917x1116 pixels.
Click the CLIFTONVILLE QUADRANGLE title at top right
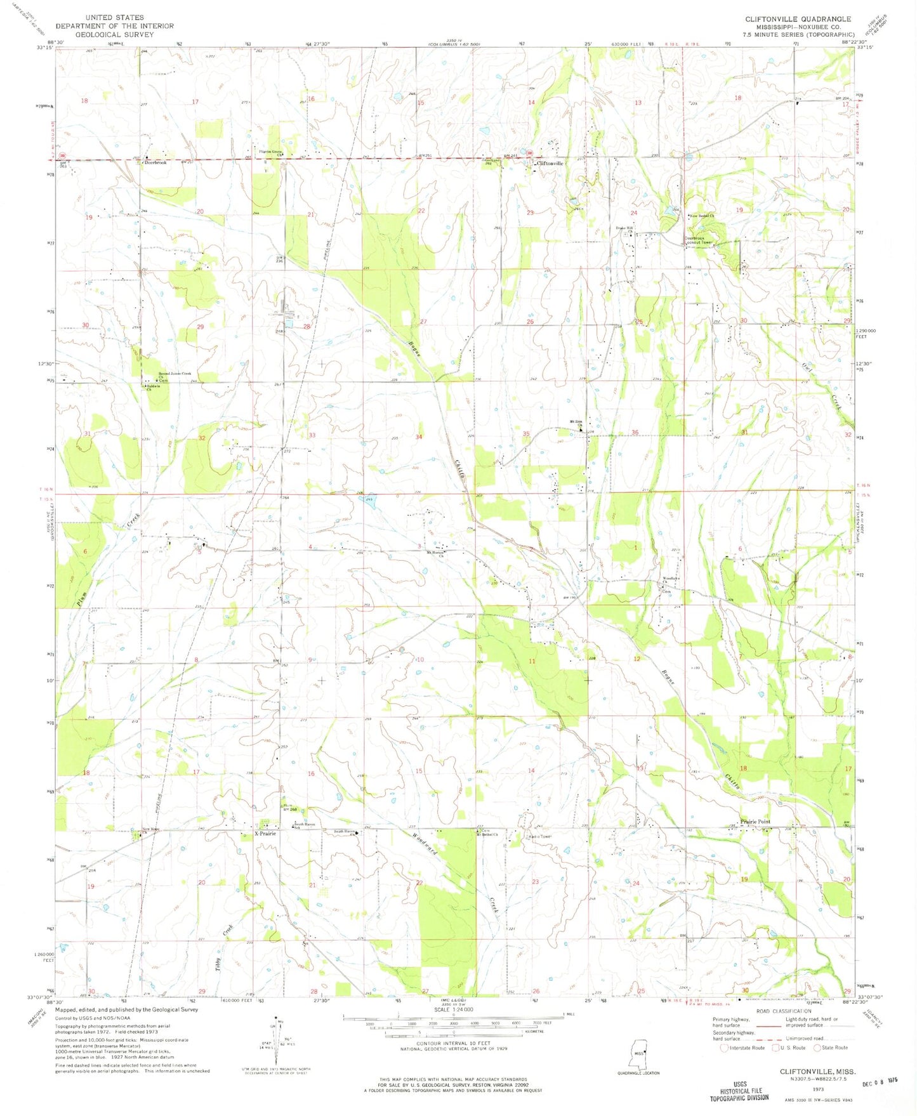(798, 19)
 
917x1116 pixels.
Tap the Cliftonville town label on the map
(550, 164)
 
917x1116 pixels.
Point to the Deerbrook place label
(155, 162)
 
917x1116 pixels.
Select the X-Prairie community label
(265, 834)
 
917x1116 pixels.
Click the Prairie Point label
(755, 822)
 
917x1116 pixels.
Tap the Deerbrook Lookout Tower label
(699, 240)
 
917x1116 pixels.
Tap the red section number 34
(419, 437)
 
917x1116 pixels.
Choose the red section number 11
(532, 661)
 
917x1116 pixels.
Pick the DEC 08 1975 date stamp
(878, 1079)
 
